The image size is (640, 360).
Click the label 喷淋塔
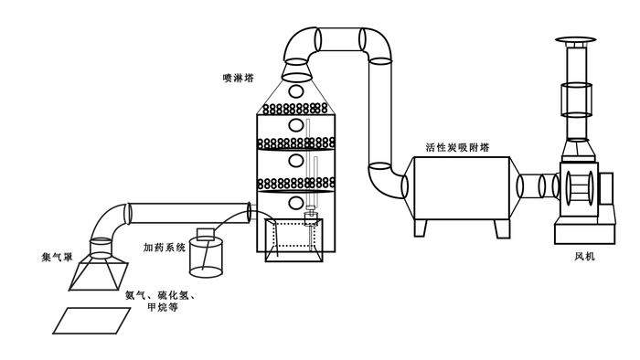coord(238,78)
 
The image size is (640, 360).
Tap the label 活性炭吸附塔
coord(457,147)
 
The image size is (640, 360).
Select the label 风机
coord(584,256)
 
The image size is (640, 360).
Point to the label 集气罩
coord(57,258)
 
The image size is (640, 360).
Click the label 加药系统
coord(165,247)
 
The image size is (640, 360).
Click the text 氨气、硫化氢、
coord(160,295)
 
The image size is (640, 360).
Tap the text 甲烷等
coord(163,307)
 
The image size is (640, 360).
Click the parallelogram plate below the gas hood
coord(91,321)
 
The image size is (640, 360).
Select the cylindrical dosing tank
coord(206,258)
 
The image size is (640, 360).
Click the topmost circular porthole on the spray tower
coord(296,90)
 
